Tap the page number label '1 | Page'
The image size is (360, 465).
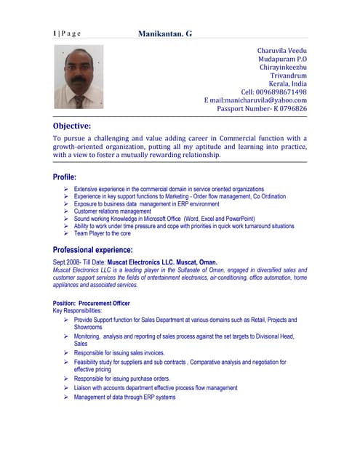[x=67, y=33]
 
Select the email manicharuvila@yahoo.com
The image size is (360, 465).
[x=255, y=100]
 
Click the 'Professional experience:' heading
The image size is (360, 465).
[x=103, y=249]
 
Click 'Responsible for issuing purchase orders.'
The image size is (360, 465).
[x=121, y=379]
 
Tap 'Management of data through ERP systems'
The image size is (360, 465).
[x=124, y=397]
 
